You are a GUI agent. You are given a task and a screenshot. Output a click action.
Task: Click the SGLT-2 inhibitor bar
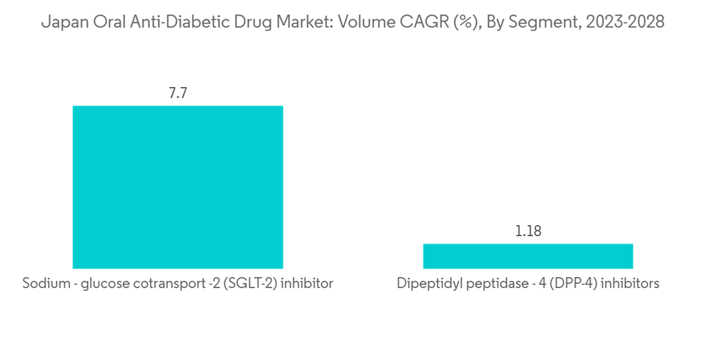pyautogui.click(x=178, y=187)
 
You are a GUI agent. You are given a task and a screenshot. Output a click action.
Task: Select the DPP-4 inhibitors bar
pyautogui.click(x=528, y=256)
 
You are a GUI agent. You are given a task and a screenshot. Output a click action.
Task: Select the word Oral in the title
pyautogui.click(x=99, y=23)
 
